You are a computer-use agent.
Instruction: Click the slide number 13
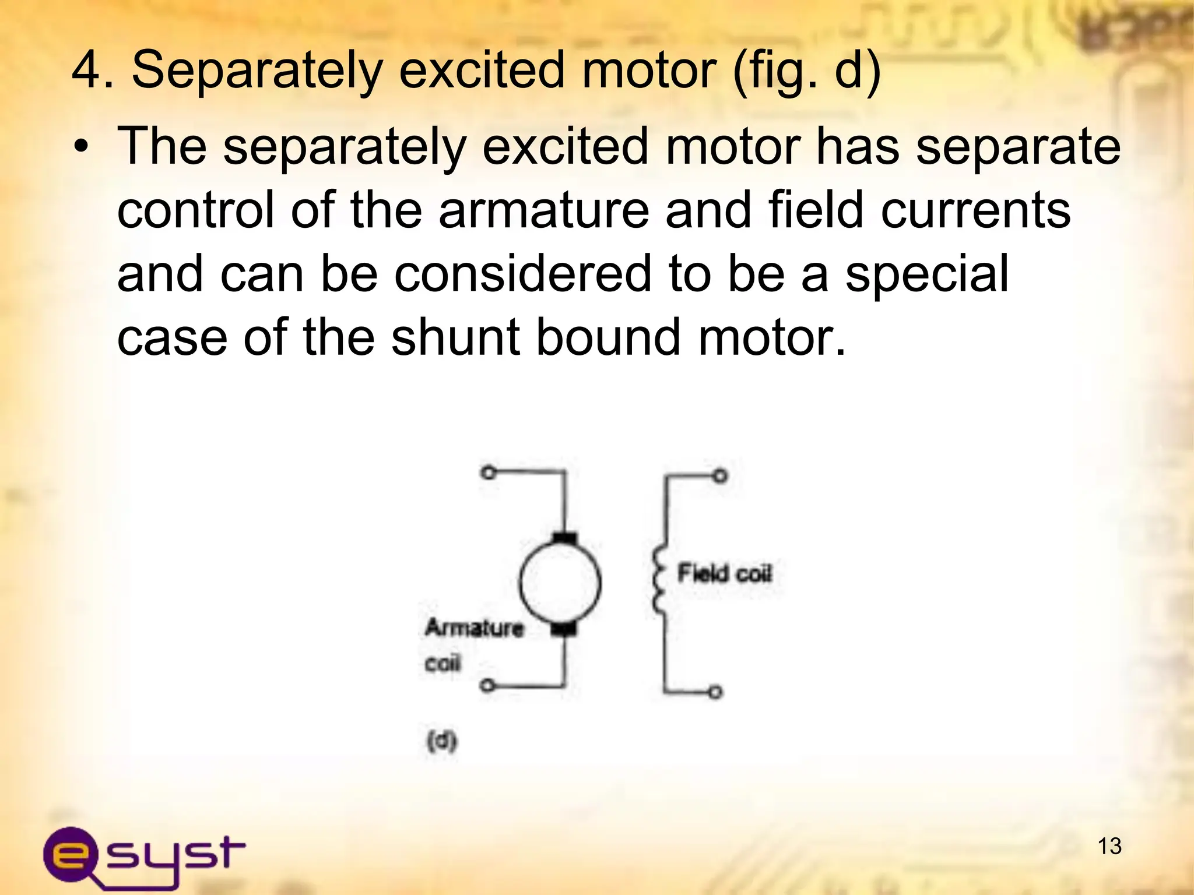tap(1109, 846)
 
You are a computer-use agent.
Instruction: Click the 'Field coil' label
tap(724, 573)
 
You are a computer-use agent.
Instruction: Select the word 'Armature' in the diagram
tap(474, 628)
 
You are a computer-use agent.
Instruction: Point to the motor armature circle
tap(560, 583)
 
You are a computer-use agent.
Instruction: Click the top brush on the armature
tap(564, 537)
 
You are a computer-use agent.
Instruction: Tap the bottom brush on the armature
tap(563, 628)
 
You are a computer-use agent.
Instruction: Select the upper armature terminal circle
tap(489, 472)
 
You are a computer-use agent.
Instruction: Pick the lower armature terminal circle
tap(489, 685)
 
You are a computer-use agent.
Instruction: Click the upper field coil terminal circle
tap(721, 476)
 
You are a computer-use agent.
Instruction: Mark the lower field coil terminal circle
tap(716, 692)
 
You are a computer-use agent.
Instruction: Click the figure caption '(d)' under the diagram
tap(442, 742)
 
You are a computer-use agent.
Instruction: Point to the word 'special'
tap(927, 274)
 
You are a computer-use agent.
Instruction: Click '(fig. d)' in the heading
tap(806, 71)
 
